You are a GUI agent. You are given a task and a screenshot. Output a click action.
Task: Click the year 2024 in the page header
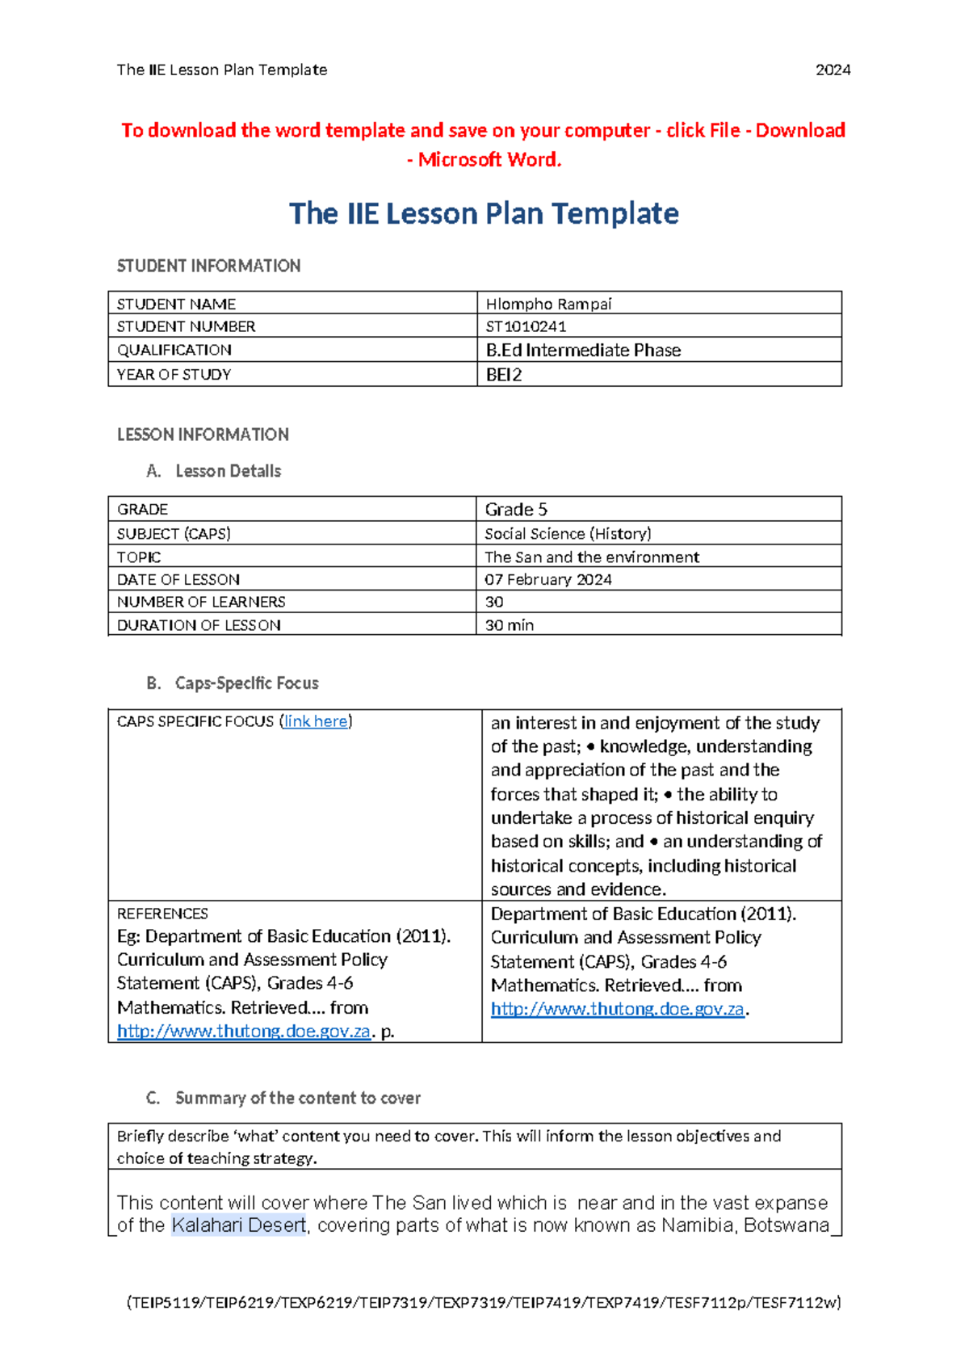(x=833, y=70)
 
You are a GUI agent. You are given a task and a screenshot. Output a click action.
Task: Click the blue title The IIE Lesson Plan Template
(x=484, y=213)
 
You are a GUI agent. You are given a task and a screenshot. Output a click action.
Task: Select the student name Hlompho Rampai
(x=548, y=304)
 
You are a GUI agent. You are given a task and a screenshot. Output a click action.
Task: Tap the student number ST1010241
(x=526, y=326)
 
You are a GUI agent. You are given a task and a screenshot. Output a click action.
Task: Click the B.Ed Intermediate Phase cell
(x=583, y=350)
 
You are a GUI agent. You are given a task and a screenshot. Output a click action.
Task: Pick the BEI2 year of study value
(x=504, y=375)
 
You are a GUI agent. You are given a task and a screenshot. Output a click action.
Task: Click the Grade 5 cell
(x=516, y=510)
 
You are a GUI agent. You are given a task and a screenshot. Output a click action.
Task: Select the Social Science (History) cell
(x=568, y=534)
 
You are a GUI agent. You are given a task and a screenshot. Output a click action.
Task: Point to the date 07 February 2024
(x=548, y=580)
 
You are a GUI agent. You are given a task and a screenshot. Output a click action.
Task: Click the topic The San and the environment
(x=592, y=557)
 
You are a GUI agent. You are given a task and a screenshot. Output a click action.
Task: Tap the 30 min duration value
(x=510, y=625)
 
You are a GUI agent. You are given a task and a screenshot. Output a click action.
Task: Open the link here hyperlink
(x=316, y=721)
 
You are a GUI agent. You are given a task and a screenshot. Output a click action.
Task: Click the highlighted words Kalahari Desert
(x=239, y=1225)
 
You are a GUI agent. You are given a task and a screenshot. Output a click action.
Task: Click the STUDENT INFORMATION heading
(x=208, y=266)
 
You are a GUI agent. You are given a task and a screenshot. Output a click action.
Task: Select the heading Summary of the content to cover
(x=297, y=1098)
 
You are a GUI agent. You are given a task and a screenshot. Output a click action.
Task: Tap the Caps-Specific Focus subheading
(x=246, y=683)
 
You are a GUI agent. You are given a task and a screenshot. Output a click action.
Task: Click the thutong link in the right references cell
(x=617, y=1009)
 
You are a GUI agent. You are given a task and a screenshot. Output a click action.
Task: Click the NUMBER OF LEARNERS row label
(x=201, y=602)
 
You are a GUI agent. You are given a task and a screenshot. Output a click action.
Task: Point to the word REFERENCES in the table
(x=162, y=914)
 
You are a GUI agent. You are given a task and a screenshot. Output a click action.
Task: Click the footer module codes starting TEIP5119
(x=484, y=1302)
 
